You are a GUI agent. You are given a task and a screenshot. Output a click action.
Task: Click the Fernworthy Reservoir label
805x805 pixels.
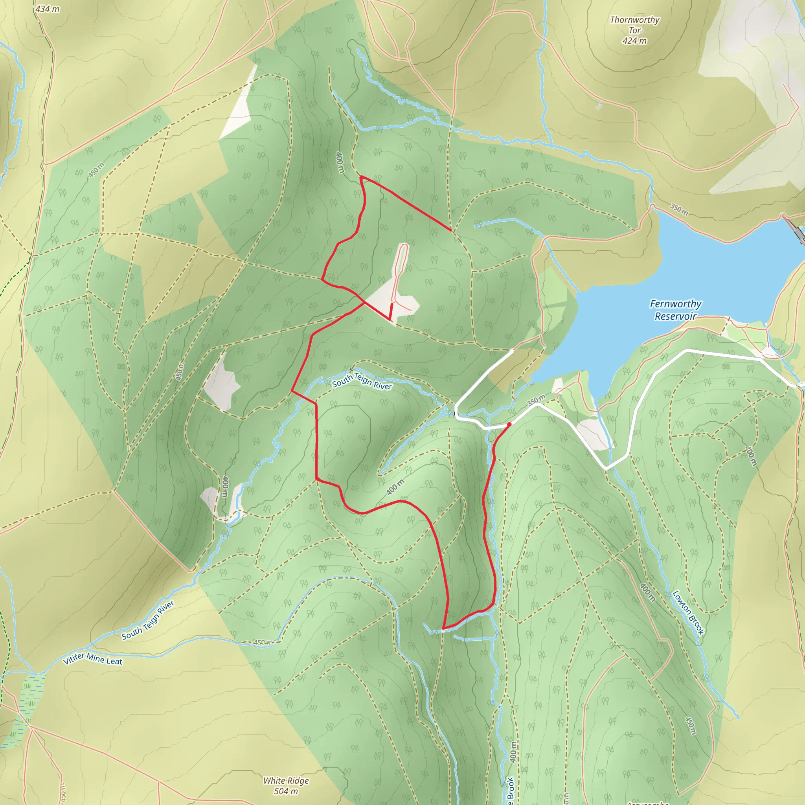[675, 310]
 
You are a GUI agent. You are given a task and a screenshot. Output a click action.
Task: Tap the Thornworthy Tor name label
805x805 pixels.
[634, 25]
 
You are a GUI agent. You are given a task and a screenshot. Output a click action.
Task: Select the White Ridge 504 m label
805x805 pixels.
[286, 785]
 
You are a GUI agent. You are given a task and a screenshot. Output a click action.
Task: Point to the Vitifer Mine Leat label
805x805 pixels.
[93, 659]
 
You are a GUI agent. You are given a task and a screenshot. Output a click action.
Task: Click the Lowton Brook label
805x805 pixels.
[688, 612]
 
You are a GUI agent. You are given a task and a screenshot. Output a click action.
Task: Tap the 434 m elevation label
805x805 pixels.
[48, 9]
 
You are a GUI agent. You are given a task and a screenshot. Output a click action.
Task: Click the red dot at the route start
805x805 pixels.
[509, 424]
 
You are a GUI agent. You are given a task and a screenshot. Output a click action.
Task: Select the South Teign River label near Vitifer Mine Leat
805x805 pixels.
[148, 620]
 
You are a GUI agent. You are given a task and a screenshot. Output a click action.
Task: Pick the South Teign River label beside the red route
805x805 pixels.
[362, 381]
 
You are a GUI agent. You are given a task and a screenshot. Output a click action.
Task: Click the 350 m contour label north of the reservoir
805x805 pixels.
[679, 209]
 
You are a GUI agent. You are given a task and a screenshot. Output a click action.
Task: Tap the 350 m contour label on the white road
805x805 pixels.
[536, 400]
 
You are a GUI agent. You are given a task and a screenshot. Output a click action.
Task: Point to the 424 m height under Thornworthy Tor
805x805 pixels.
[634, 41]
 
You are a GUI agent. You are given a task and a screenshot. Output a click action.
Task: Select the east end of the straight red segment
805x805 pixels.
[451, 230]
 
